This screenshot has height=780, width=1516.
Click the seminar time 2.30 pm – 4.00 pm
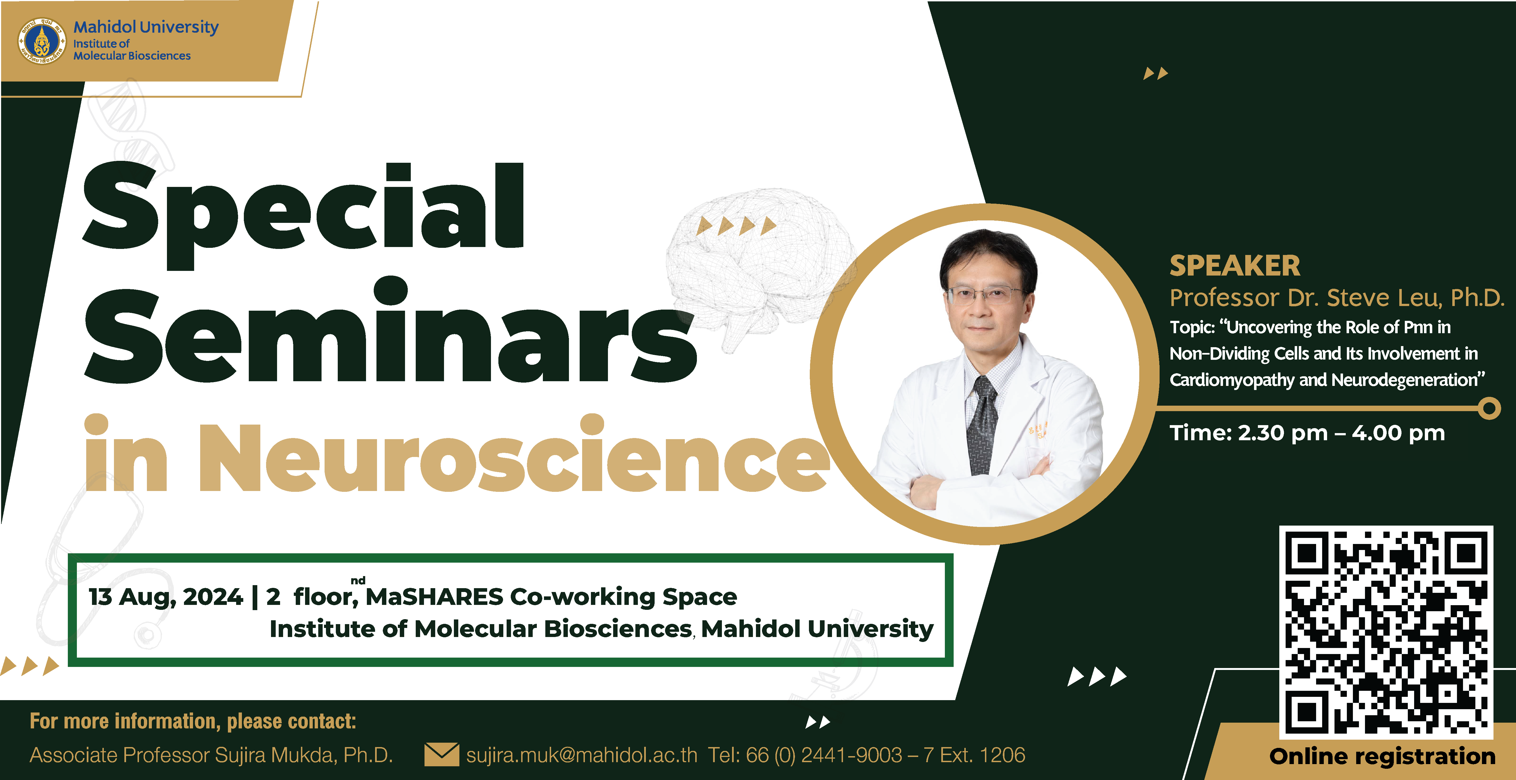coord(1342,433)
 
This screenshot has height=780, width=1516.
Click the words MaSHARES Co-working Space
coord(551,596)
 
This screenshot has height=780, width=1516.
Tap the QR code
coord(1386,632)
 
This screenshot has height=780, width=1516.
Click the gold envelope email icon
coord(441,755)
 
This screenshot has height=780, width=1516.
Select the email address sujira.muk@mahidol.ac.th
coord(582,755)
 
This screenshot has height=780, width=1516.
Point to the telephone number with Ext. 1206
coord(866,755)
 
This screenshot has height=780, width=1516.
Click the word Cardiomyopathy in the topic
coord(1232,380)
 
